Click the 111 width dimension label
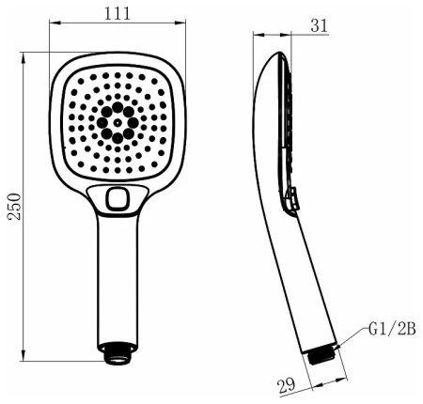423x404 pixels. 117,14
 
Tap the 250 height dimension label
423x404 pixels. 14,207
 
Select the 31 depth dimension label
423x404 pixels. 319,25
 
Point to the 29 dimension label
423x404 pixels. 287,385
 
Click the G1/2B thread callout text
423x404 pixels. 392,330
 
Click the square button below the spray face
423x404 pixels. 117,198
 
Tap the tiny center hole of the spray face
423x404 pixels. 117,123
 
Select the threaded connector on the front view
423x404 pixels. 117,353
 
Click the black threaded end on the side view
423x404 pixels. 321,355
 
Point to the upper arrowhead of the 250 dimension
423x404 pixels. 23,58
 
